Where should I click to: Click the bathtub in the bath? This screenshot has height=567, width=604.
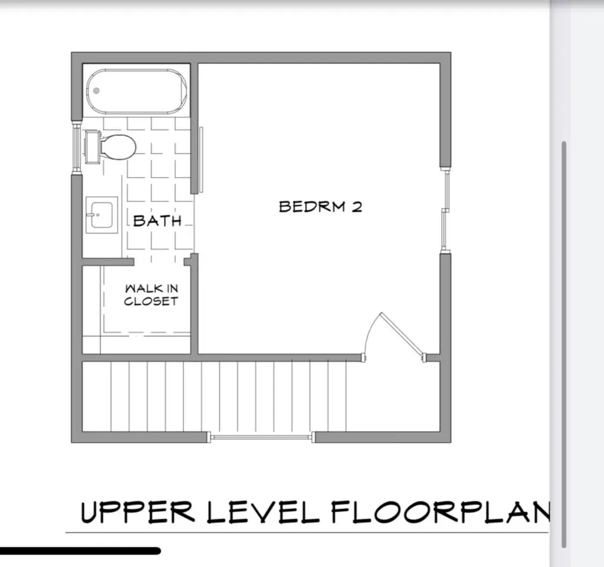tap(136, 91)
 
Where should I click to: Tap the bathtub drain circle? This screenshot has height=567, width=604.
tap(96, 91)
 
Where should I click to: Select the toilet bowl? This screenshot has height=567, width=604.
tap(119, 147)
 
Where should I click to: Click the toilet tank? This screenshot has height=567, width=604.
tap(93, 147)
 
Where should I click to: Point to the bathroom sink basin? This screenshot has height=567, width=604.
tap(101, 215)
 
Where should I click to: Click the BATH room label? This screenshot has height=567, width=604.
tap(157, 221)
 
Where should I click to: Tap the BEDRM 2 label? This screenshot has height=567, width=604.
tap(320, 207)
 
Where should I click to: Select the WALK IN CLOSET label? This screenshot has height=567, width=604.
tap(152, 295)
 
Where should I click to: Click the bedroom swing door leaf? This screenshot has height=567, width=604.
tap(402, 335)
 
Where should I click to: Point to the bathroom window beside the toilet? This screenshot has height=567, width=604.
tap(77, 146)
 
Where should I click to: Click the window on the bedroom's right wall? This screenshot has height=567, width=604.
tap(445, 210)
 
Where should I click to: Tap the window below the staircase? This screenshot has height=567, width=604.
tap(261, 437)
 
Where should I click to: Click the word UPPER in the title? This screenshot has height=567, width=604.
tap(137, 512)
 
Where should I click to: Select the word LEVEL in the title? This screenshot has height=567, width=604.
tap(263, 512)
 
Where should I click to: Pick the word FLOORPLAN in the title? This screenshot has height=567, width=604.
tap(441, 512)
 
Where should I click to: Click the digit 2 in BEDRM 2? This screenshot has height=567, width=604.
tap(357, 207)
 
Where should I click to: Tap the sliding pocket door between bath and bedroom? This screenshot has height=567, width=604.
tap(201, 160)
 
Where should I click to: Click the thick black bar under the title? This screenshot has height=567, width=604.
tap(80, 551)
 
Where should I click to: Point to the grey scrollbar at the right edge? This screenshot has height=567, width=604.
tap(564, 345)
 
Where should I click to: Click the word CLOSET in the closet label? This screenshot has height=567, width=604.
tap(152, 301)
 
